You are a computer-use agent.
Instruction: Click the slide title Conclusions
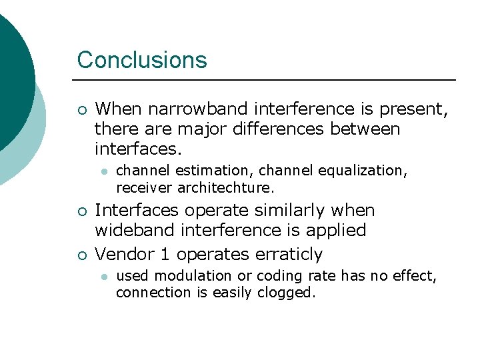coord(142,60)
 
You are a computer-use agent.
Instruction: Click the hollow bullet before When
coord(81,109)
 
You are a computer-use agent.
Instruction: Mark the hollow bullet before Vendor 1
coord(81,255)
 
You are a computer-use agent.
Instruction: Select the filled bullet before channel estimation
coord(104,171)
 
